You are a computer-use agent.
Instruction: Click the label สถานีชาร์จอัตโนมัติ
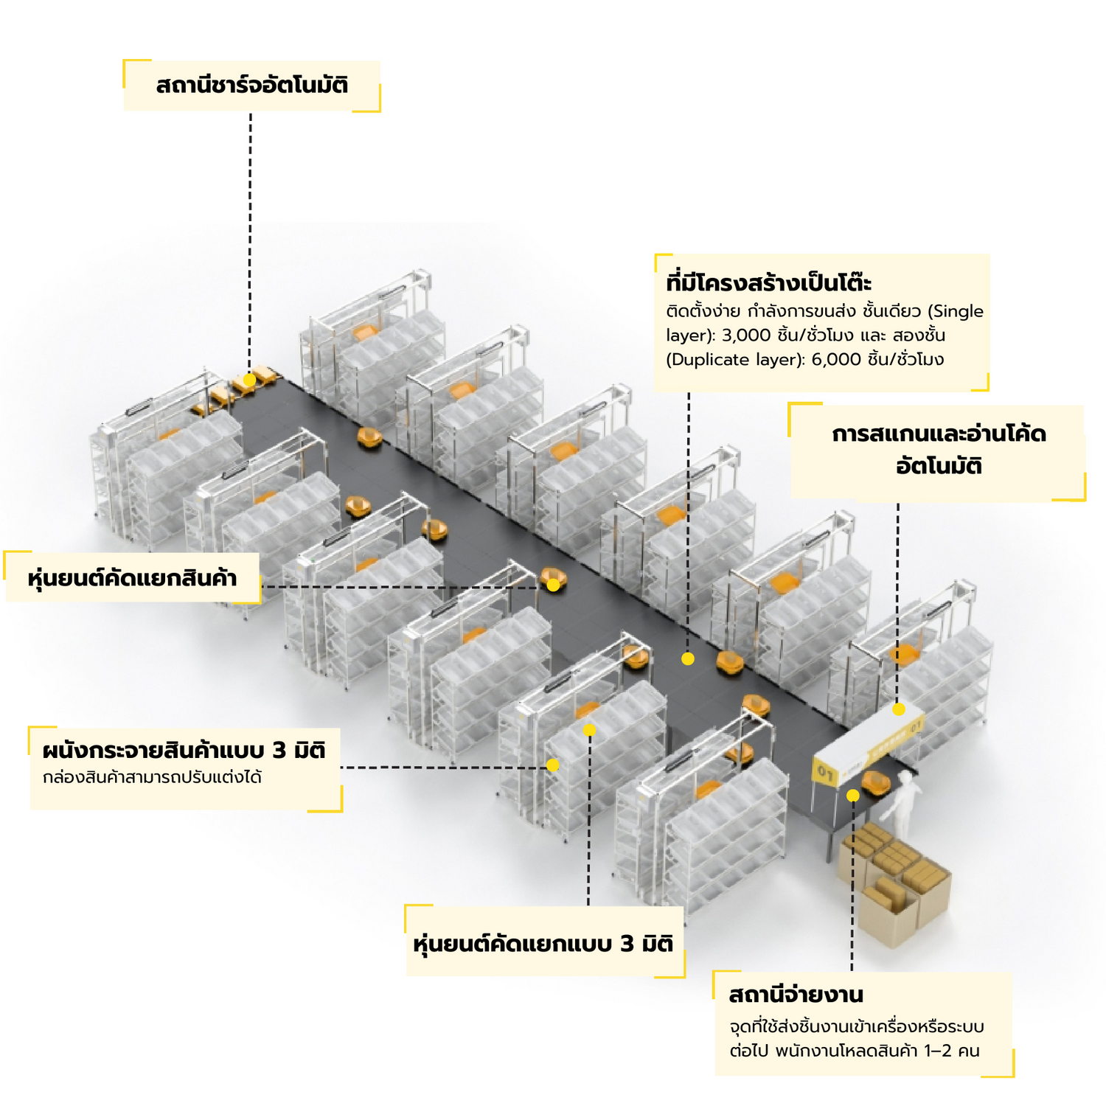click(x=251, y=86)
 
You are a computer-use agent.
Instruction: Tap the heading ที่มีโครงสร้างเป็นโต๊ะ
click(x=768, y=283)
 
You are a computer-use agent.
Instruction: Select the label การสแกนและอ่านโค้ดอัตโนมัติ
click(x=938, y=450)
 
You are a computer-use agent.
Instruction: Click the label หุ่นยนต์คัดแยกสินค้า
click(x=133, y=577)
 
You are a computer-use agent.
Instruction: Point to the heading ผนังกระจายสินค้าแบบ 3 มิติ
click(x=184, y=751)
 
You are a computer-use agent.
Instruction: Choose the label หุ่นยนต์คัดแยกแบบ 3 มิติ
click(x=543, y=944)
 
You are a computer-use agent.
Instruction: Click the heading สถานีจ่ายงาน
click(x=796, y=995)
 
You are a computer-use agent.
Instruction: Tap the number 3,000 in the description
click(x=745, y=335)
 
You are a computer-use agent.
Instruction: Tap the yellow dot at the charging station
click(x=249, y=380)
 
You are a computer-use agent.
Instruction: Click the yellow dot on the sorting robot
click(x=552, y=585)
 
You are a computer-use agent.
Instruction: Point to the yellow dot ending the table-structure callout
click(x=688, y=659)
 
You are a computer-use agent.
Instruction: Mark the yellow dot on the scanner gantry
click(x=898, y=709)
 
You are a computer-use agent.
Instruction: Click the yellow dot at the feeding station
click(x=852, y=796)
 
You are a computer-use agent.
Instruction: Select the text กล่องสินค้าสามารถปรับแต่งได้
click(x=153, y=777)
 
